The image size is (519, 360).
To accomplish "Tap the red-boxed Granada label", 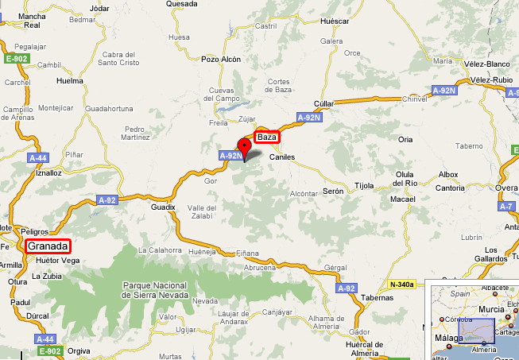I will pyautogui.click(x=48, y=246).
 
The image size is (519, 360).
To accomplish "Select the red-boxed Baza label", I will pyautogui.click(x=268, y=137).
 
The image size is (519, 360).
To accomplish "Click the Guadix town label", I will pyautogui.click(x=162, y=207).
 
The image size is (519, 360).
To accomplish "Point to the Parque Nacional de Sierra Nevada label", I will pyautogui.click(x=154, y=290).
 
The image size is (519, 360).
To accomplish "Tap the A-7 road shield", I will pyautogui.click(x=506, y=207).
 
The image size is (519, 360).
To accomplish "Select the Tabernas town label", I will pyautogui.click(x=378, y=297).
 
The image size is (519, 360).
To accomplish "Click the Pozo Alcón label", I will pyautogui.click(x=220, y=59).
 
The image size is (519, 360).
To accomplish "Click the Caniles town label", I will pyautogui.click(x=282, y=157).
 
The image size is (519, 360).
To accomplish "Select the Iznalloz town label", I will pyautogui.click(x=48, y=172).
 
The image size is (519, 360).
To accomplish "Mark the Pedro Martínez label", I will pyautogui.click(x=137, y=133).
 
